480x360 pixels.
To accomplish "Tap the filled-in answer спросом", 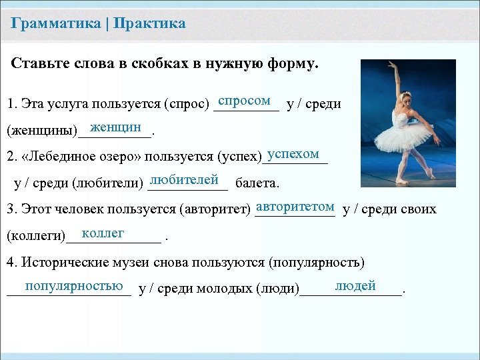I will pyautogui.click(x=244, y=101).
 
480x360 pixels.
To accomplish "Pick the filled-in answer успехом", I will pyautogui.click(x=293, y=153).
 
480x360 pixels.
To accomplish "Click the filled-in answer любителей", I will pyautogui.click(x=185, y=180).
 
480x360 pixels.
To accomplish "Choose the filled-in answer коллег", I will pyautogui.click(x=103, y=233).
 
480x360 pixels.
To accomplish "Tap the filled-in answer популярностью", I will pyautogui.click(x=73, y=286).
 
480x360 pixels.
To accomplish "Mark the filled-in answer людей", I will pyautogui.click(x=355, y=286).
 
